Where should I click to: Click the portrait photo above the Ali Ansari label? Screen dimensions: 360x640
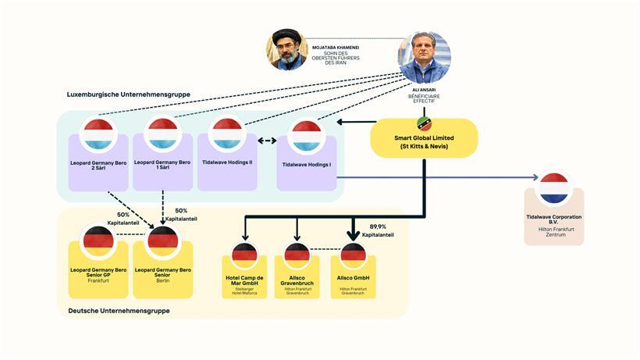(425, 57)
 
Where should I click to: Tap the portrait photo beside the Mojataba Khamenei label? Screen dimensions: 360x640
(287, 50)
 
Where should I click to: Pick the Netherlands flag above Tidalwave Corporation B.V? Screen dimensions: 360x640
(554, 188)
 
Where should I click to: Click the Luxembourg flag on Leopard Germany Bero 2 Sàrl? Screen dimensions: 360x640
(98, 134)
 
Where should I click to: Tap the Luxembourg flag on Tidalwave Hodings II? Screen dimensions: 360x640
(227, 134)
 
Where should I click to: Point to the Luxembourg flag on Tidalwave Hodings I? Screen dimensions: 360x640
(307, 135)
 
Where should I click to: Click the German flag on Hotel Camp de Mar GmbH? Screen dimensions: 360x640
(244, 255)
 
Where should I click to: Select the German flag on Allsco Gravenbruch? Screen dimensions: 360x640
(297, 255)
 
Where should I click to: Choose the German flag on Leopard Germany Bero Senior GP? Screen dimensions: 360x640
(98, 241)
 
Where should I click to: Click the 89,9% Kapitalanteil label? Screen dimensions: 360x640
(378, 230)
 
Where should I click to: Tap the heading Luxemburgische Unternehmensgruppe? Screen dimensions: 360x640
(129, 94)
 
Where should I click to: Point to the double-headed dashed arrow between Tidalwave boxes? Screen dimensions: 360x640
(267, 141)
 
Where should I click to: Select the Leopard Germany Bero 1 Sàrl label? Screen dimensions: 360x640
(163, 166)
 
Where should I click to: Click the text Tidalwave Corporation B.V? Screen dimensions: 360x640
(554, 219)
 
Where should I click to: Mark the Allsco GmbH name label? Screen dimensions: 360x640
(354, 278)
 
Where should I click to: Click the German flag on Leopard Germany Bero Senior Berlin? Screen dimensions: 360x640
(163, 241)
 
